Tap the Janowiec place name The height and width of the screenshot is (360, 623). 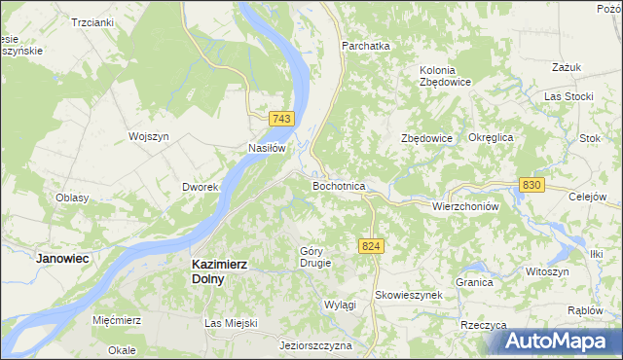pos(62,259)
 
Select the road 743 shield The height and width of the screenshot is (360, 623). pos(280,118)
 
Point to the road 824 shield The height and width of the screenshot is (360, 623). pos(370,247)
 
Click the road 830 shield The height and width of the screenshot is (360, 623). pos(531,185)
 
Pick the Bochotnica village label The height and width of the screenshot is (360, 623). pos(338,185)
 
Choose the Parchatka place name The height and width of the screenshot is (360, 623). pos(365,46)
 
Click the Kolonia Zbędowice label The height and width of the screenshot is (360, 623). pos(445,76)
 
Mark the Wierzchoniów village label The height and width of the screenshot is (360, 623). pos(464,206)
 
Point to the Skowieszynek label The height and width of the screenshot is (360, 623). pos(408,295)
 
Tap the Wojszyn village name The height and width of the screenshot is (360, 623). pos(149,137)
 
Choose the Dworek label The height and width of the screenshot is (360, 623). pos(199,187)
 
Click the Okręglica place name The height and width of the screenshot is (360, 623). pos(491,138)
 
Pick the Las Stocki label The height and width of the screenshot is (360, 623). pos(568,96)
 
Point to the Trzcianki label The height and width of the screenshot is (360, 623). pos(92,21)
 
